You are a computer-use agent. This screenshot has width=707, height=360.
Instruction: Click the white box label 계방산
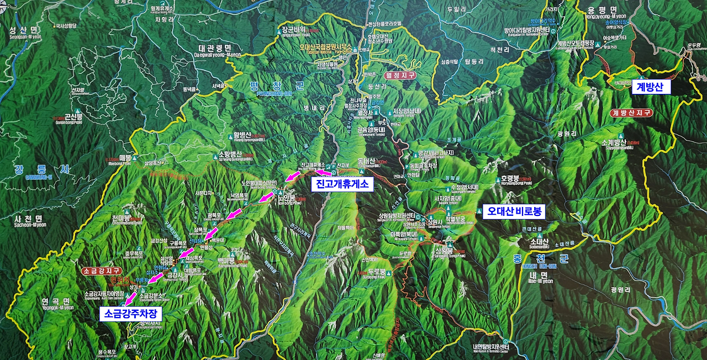point(651,87)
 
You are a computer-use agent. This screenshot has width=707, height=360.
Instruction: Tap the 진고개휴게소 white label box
point(342,184)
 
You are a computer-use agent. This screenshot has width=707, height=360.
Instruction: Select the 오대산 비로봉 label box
point(514,211)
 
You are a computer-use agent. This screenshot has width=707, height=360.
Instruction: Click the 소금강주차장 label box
point(131,314)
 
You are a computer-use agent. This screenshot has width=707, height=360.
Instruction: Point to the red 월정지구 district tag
point(399,75)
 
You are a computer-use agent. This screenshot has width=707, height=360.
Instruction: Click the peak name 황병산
point(242,135)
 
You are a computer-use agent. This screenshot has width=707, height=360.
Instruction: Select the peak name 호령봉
point(510,178)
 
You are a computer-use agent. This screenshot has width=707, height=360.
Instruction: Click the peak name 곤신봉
point(73,117)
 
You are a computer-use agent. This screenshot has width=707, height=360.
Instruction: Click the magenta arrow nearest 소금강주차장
point(131,299)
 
